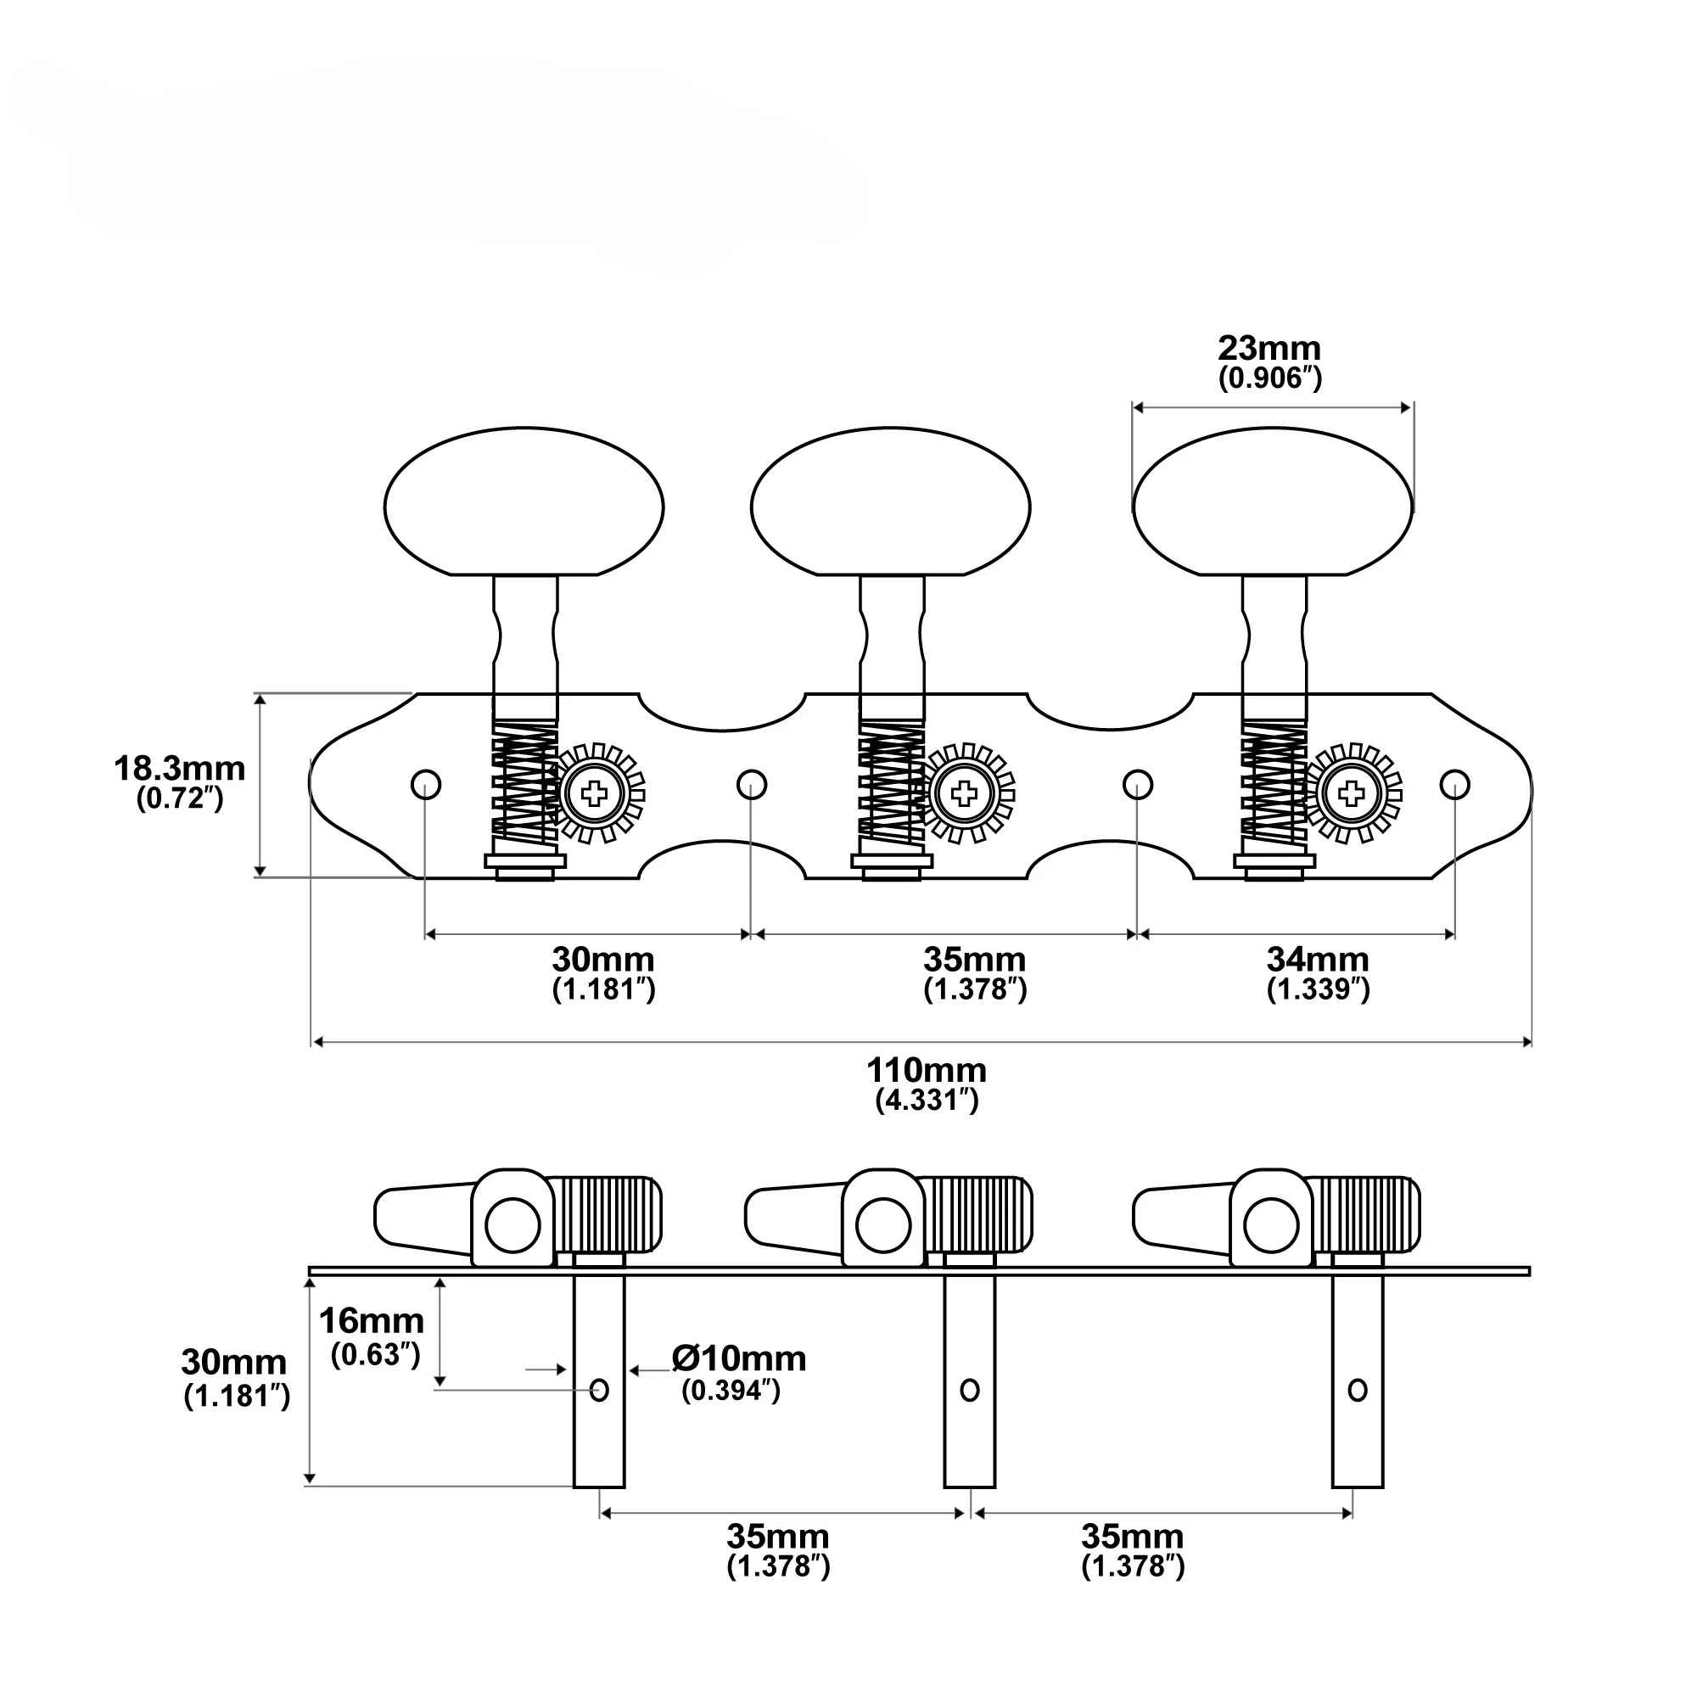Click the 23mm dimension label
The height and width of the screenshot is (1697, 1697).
(x=1269, y=349)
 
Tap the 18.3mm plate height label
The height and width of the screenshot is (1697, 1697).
(x=179, y=769)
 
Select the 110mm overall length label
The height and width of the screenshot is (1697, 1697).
(x=926, y=1071)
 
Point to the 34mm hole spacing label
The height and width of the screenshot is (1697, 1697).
(x=1318, y=958)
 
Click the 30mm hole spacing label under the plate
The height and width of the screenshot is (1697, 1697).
(x=602, y=958)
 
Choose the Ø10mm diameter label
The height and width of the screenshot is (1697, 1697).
(x=739, y=1358)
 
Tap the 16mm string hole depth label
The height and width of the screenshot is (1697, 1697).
(x=371, y=1320)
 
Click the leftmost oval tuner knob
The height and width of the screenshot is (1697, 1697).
(x=524, y=502)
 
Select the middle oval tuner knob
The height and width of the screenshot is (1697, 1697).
(x=891, y=502)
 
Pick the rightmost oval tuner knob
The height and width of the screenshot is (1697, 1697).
(x=1273, y=502)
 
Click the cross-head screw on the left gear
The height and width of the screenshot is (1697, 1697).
(x=595, y=795)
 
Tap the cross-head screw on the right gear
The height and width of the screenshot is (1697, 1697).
(x=1351, y=795)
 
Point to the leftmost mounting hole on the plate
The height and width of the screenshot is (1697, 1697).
(x=426, y=783)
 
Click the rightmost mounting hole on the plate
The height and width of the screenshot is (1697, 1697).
(x=1454, y=783)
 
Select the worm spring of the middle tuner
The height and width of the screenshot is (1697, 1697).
(x=892, y=789)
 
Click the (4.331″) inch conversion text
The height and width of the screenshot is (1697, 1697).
(x=927, y=1101)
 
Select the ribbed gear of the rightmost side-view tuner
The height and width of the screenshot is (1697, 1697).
(x=1364, y=1215)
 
